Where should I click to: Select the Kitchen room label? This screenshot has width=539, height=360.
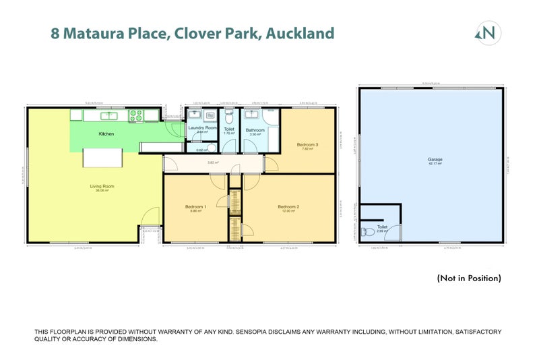pos(106,134)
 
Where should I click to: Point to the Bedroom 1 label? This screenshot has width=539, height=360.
pos(195,206)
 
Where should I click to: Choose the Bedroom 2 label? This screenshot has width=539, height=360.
pos(288,206)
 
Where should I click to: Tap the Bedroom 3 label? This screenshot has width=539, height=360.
pos(307,144)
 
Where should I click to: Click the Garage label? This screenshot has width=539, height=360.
pos(435,160)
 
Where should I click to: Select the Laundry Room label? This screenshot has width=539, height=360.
pos(202,127)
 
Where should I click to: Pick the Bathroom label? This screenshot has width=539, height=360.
pos(255,130)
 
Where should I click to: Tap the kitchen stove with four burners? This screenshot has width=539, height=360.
pos(136,116)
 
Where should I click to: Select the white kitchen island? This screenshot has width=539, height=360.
pos(102,158)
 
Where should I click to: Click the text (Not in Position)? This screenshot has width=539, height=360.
pos(469,278)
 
